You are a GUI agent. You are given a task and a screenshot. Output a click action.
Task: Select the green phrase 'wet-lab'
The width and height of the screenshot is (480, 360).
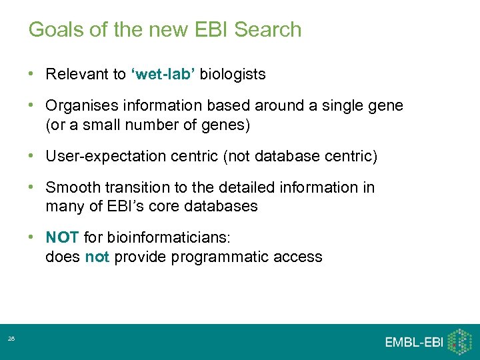(163, 74)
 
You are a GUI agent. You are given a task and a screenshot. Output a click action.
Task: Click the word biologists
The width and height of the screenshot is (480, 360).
(233, 75)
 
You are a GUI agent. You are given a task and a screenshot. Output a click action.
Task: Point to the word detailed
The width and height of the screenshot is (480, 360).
(236, 188)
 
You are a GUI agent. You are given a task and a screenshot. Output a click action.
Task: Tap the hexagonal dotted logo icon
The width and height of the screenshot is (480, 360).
(460, 341)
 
